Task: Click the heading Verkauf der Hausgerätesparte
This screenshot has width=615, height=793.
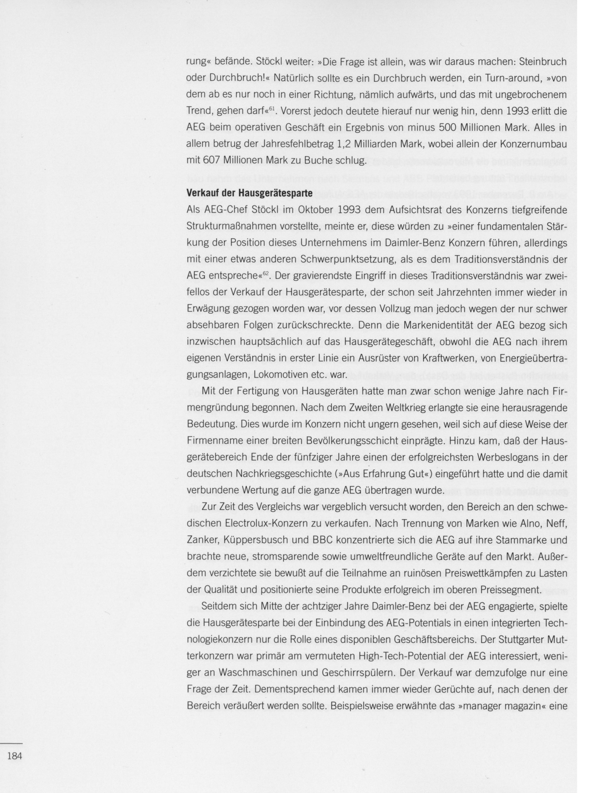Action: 249,193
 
